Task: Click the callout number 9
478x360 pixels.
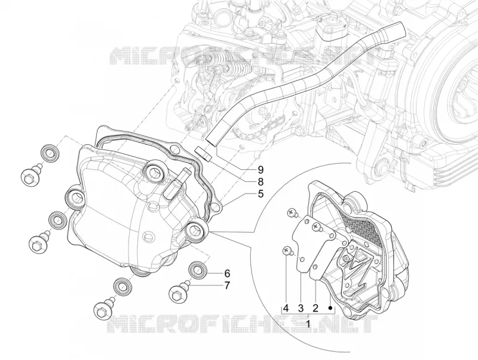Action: (x=261, y=169)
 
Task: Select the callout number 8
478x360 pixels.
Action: (x=261, y=182)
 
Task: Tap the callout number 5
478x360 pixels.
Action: (x=261, y=194)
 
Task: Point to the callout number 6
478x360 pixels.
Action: (x=227, y=273)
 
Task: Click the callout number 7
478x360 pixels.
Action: (x=227, y=286)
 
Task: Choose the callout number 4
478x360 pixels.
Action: (x=286, y=308)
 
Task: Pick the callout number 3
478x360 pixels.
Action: (x=301, y=308)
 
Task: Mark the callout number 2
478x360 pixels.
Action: (x=315, y=308)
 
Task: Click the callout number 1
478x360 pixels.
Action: (x=308, y=324)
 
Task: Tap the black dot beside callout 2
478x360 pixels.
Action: (x=330, y=308)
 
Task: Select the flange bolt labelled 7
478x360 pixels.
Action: (x=179, y=292)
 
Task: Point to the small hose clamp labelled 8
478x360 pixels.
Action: (x=203, y=152)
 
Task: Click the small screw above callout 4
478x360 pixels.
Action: (x=288, y=252)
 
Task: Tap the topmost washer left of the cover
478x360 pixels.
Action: (x=49, y=152)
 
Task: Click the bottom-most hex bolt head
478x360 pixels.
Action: (x=102, y=311)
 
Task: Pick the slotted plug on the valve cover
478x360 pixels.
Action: (x=147, y=237)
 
